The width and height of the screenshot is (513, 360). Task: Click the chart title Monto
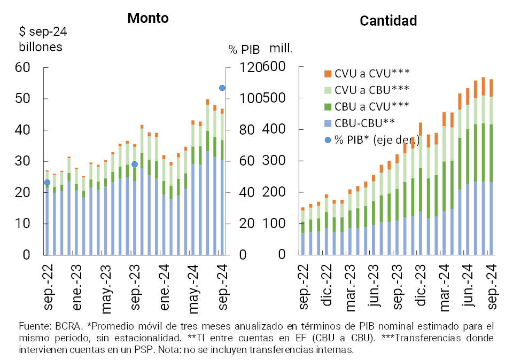[x=147, y=18]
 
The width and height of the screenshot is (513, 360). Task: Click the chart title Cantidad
[x=388, y=21]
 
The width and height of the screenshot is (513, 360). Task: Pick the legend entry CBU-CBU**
[x=364, y=123]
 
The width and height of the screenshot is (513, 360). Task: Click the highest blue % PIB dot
[x=222, y=88]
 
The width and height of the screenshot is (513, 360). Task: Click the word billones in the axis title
[x=41, y=46]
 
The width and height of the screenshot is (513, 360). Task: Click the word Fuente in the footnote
[x=32, y=326]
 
